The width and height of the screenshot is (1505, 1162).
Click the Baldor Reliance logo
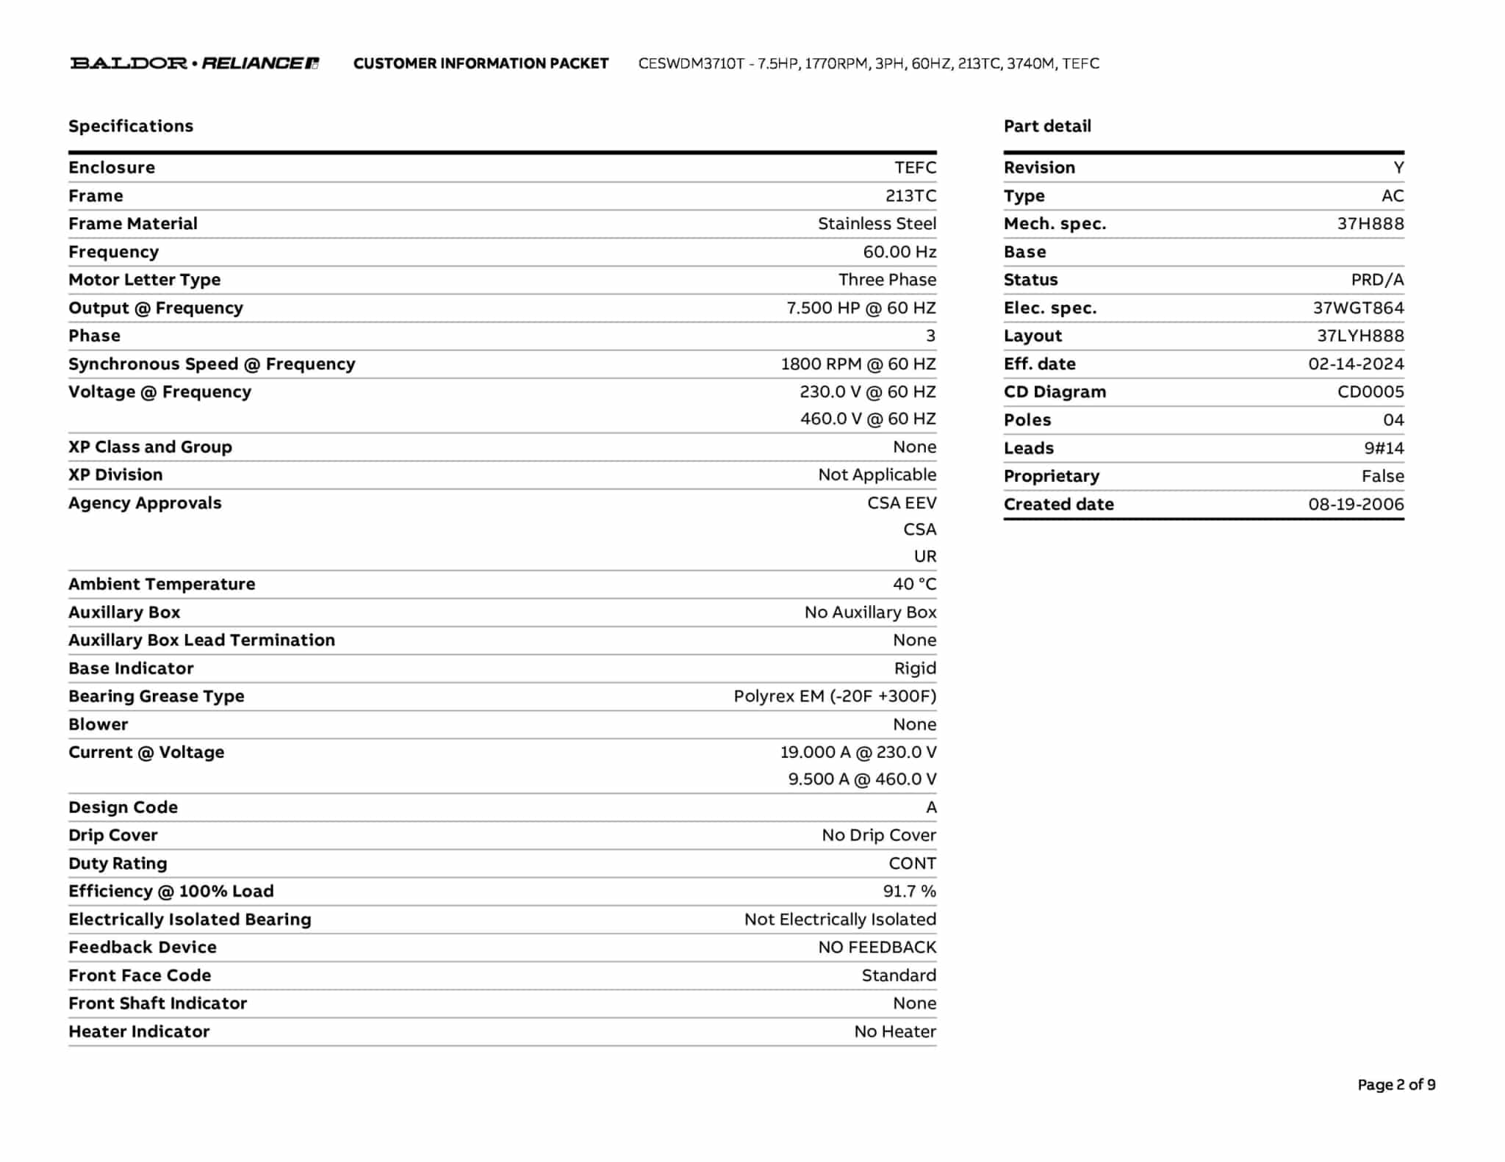tap(194, 63)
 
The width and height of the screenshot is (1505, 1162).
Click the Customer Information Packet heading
tap(481, 63)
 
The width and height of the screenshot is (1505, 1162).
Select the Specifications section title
tap(131, 126)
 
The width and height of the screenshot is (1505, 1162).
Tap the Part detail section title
tap(1047, 126)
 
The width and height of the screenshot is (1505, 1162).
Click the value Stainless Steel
tap(877, 224)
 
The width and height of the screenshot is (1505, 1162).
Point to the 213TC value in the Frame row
tap(910, 196)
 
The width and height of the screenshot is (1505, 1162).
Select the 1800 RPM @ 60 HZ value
tap(858, 364)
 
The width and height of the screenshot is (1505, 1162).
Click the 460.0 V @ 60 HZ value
tap(868, 419)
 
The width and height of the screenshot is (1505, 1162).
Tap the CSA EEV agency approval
tap(902, 503)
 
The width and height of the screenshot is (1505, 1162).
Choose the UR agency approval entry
tap(924, 557)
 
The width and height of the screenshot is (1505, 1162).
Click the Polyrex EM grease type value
tap(835, 696)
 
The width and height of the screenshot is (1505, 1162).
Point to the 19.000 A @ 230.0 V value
tap(858, 752)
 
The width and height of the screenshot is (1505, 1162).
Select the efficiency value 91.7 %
tap(909, 892)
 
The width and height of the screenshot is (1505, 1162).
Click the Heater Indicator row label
tap(139, 1032)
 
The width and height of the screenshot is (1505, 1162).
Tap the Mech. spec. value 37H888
tap(1370, 224)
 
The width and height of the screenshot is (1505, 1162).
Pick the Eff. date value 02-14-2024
tap(1355, 364)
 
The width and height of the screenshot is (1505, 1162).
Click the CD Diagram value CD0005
tap(1370, 392)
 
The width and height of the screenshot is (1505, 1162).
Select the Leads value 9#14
tap(1383, 448)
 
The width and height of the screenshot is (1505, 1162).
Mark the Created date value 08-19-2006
tap(1355, 505)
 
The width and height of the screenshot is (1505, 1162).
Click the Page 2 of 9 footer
tap(1396, 1085)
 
